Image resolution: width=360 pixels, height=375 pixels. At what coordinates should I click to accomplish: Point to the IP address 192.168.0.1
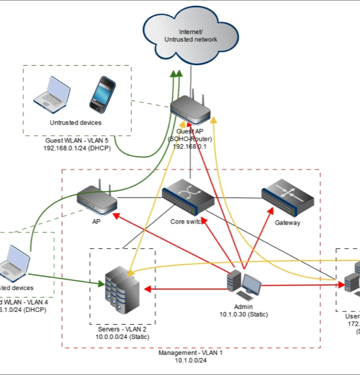pyautogui.click(x=190, y=146)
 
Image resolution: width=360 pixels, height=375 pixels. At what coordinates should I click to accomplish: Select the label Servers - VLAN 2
pyautogui.click(x=122, y=329)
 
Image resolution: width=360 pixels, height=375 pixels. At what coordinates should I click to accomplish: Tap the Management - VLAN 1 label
pyautogui.click(x=190, y=353)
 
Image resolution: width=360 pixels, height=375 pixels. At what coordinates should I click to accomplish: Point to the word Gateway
pyautogui.click(x=287, y=223)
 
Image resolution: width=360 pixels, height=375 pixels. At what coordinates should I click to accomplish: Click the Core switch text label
pyautogui.click(x=187, y=222)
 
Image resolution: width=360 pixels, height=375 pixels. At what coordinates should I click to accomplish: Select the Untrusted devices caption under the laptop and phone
pyautogui.click(x=75, y=122)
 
